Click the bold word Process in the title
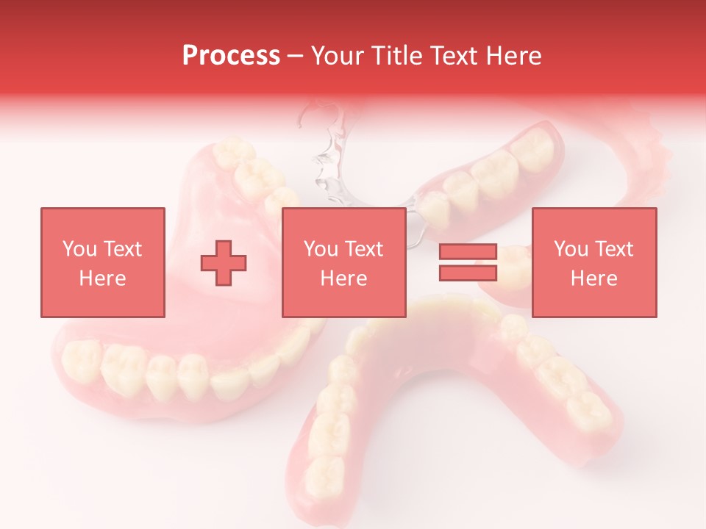(x=231, y=56)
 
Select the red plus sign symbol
(x=224, y=262)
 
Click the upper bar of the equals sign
(x=468, y=252)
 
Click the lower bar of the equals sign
(x=468, y=273)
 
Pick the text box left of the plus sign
(x=102, y=262)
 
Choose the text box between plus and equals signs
(x=343, y=262)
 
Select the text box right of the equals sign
(x=593, y=262)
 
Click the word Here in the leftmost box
(x=102, y=278)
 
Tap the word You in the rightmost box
(x=570, y=249)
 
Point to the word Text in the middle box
(x=364, y=249)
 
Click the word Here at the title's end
(x=516, y=56)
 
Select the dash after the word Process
(x=296, y=56)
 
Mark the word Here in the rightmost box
(x=593, y=278)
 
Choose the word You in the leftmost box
(x=79, y=249)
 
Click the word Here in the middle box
(x=343, y=278)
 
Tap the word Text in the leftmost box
(x=122, y=249)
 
